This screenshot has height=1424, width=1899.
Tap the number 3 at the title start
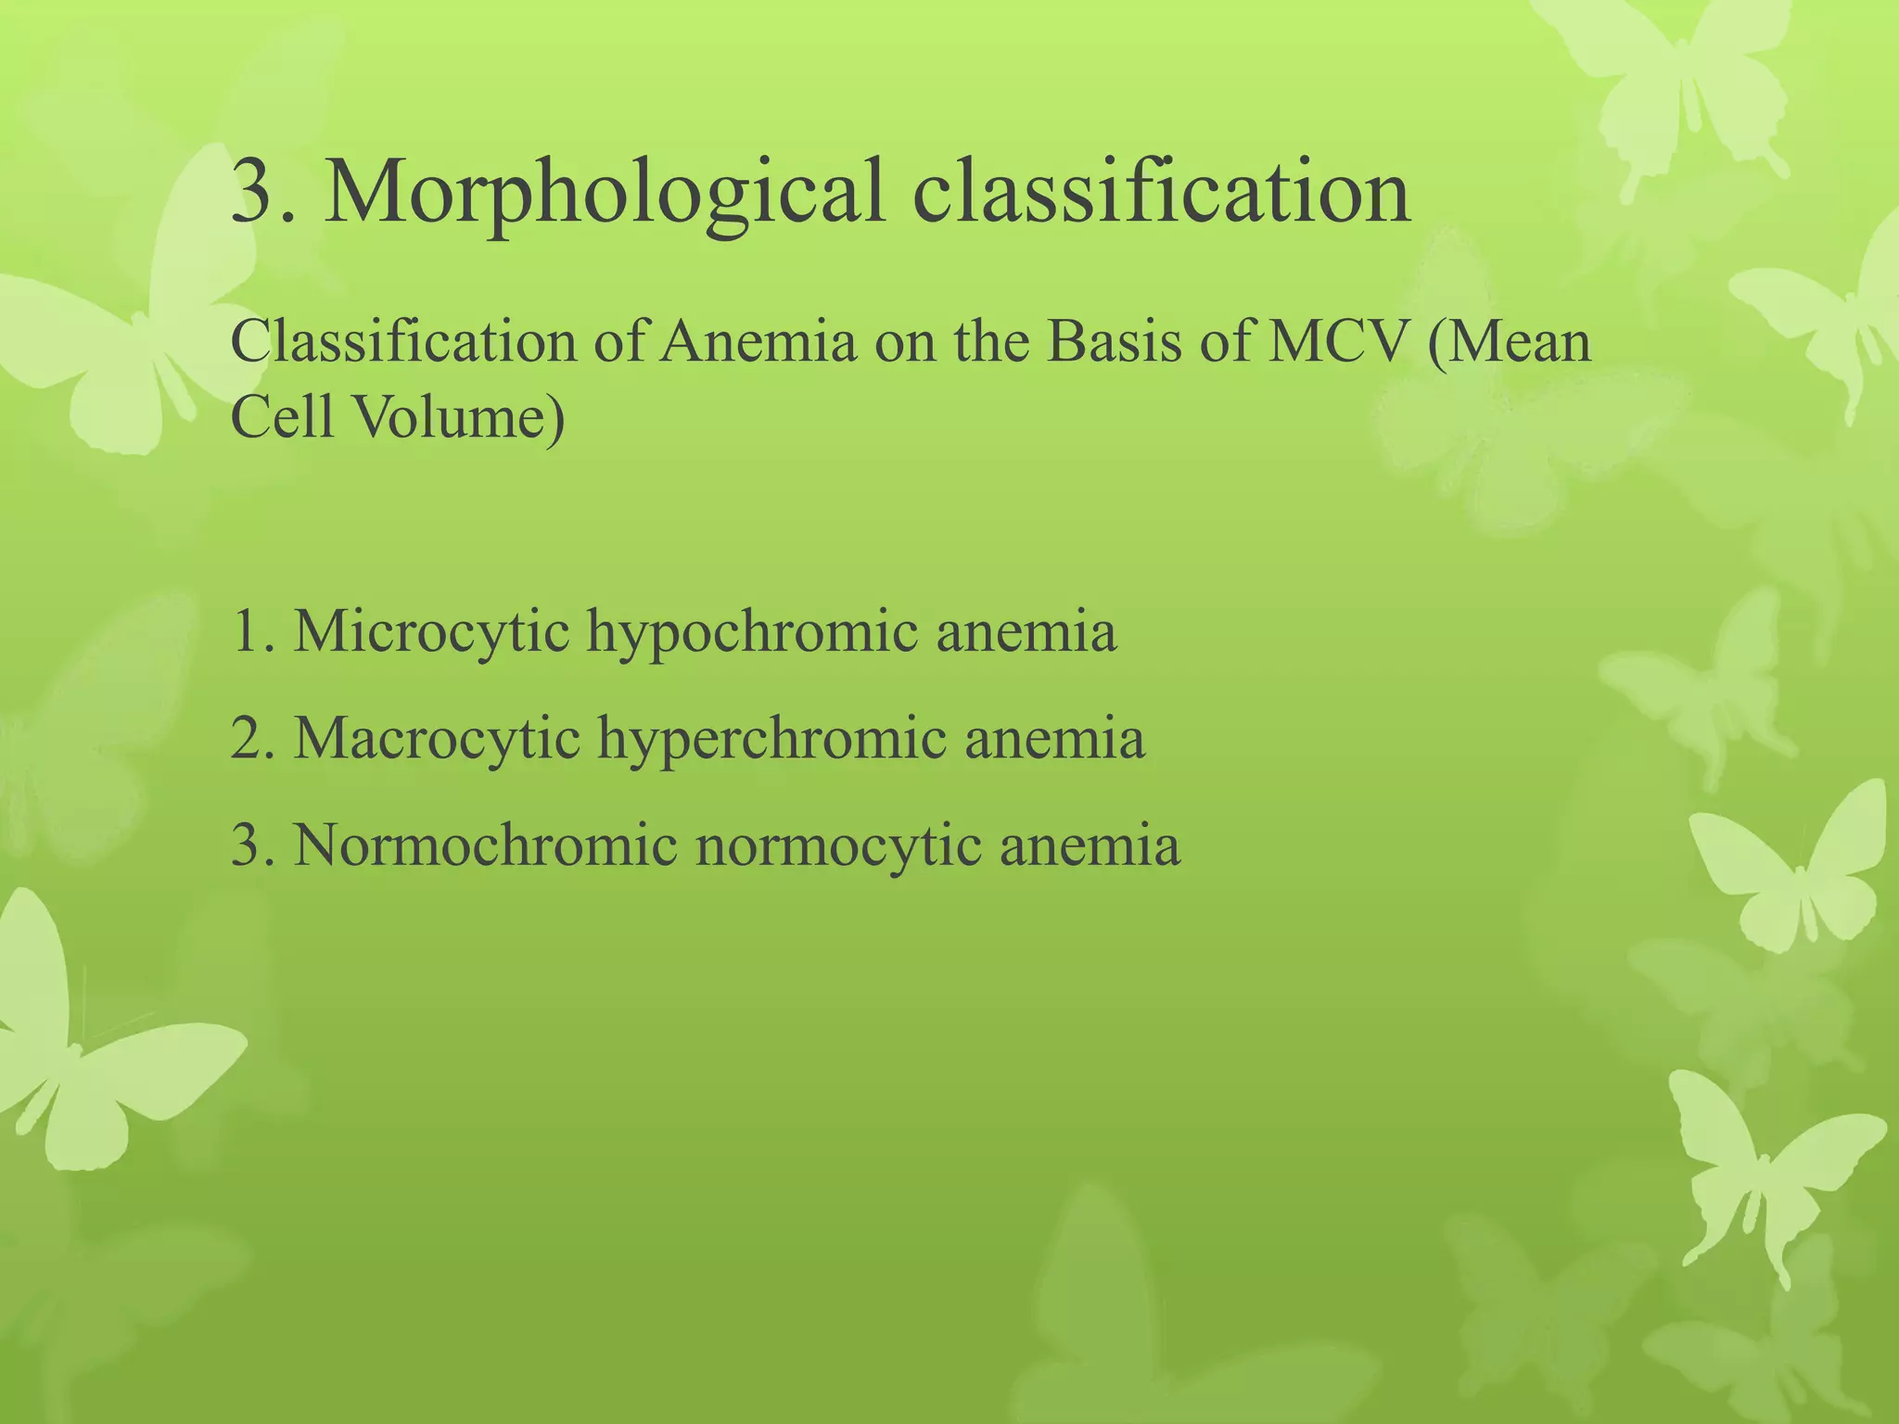point(252,191)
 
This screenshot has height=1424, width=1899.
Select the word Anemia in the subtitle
point(758,341)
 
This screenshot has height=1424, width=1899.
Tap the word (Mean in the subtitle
point(1510,341)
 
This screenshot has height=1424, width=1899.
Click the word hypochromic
point(752,634)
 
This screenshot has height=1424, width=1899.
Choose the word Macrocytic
point(437,739)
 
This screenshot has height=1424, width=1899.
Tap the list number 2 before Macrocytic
point(247,739)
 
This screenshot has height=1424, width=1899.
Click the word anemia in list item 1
point(1026,632)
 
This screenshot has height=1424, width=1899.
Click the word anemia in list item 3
point(1090,845)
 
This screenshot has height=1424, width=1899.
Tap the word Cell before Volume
point(281,417)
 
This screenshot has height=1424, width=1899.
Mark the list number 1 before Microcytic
point(247,632)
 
